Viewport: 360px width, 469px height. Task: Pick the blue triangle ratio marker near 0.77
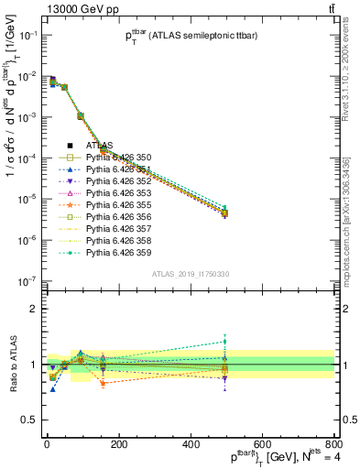pos(53,389)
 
